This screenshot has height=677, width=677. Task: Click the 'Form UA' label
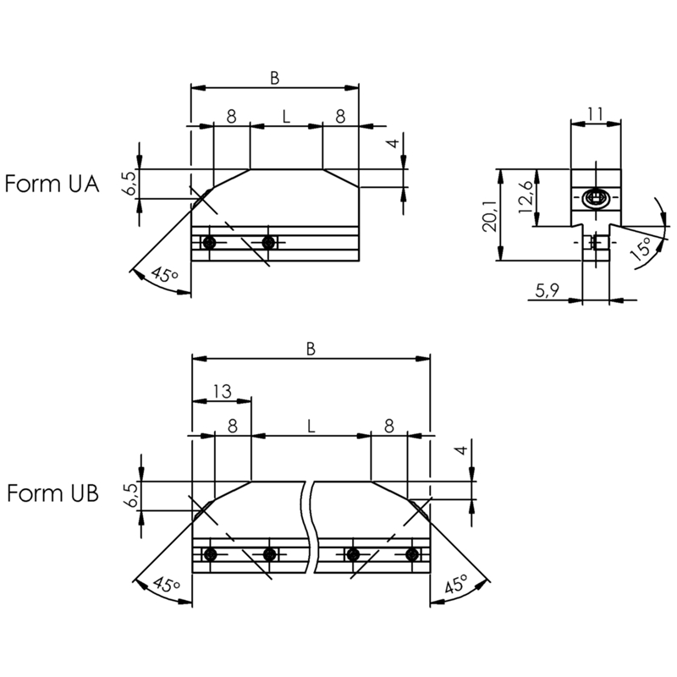(52, 184)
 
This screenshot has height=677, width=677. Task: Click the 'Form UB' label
(52, 493)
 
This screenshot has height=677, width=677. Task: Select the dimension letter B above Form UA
(274, 78)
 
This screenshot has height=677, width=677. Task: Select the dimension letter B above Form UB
(311, 349)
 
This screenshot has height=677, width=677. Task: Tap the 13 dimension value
(223, 391)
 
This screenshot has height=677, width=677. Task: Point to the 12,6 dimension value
(526, 197)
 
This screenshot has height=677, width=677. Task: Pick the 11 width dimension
(596, 114)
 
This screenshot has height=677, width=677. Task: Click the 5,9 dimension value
(548, 290)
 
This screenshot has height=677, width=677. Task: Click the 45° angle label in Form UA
(164, 273)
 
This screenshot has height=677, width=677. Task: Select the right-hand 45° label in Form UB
(456, 584)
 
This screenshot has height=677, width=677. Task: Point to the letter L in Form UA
(286, 116)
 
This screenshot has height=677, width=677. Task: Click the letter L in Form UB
(311, 427)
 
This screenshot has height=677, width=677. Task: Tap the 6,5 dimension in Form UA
(131, 183)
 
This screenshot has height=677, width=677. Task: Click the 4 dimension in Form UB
(461, 450)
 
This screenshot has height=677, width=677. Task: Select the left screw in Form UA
(209, 242)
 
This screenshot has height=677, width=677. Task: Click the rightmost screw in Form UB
(413, 554)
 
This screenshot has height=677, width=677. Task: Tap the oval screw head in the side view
(596, 198)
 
